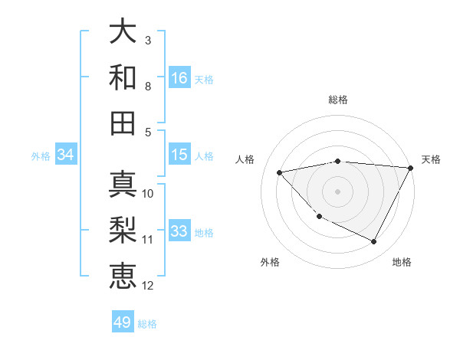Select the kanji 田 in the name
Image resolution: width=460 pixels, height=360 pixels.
click(123, 123)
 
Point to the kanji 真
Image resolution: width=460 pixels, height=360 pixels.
click(123, 184)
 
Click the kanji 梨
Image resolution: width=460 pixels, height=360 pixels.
click(123, 230)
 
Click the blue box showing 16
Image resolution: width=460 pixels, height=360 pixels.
click(179, 77)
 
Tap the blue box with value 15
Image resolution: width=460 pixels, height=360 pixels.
click(179, 155)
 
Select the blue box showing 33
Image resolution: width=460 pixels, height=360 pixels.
click(179, 231)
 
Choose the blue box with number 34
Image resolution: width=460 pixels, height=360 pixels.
click(66, 155)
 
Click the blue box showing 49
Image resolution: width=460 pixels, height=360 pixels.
click(123, 322)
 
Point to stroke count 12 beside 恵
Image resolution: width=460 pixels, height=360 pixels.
click(148, 286)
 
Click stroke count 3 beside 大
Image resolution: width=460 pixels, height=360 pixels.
click(148, 40)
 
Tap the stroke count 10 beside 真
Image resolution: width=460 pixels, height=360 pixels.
click(148, 193)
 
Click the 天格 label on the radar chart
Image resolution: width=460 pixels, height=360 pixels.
click(431, 159)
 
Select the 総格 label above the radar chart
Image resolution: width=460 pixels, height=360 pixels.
click(338, 100)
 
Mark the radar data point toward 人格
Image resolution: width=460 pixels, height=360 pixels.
click(280, 172)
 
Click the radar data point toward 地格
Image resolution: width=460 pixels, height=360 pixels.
click(374, 242)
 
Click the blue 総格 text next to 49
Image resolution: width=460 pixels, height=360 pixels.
click(148, 324)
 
